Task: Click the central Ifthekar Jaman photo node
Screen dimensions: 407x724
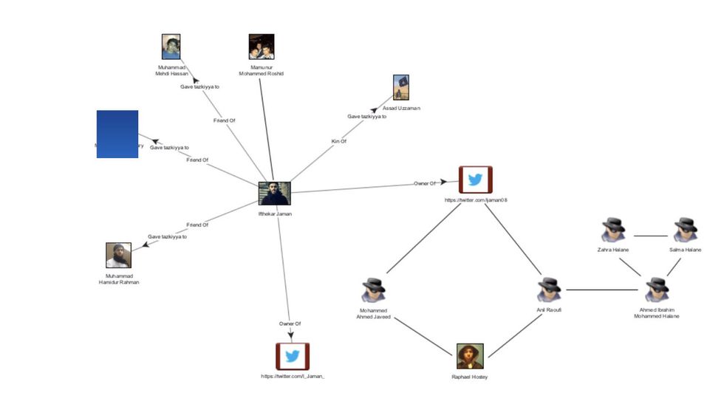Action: [x=274, y=194]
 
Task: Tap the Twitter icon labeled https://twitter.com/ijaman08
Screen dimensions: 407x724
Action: [x=475, y=179]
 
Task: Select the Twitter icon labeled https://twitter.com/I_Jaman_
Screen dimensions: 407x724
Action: [x=293, y=356]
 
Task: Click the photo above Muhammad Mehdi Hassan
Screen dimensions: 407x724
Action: [x=171, y=47]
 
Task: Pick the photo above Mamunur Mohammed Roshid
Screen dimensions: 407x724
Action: [x=262, y=47]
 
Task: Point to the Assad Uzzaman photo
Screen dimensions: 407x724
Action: [x=401, y=87]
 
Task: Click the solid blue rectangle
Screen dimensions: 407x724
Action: [x=117, y=134]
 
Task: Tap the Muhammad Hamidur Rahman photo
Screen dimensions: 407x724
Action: [x=119, y=256]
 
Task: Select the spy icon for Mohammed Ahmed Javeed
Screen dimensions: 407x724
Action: [x=374, y=290]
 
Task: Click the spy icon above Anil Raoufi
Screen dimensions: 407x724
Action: [x=549, y=290]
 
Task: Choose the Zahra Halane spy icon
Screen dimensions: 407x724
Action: [x=612, y=229]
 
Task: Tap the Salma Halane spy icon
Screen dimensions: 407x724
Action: [x=685, y=229]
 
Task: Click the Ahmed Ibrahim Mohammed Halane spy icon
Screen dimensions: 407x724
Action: [x=655, y=290]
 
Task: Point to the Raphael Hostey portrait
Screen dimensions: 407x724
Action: [x=470, y=356]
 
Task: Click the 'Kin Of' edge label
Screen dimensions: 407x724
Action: [x=338, y=141]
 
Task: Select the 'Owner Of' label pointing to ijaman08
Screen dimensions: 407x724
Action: [x=425, y=182]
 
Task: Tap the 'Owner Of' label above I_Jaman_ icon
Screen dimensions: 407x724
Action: [x=290, y=324]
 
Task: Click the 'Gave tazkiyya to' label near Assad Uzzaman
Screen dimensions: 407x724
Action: [x=367, y=117]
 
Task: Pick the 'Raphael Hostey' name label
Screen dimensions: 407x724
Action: [x=470, y=377]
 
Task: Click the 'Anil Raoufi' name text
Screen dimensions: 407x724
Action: [x=549, y=310]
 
